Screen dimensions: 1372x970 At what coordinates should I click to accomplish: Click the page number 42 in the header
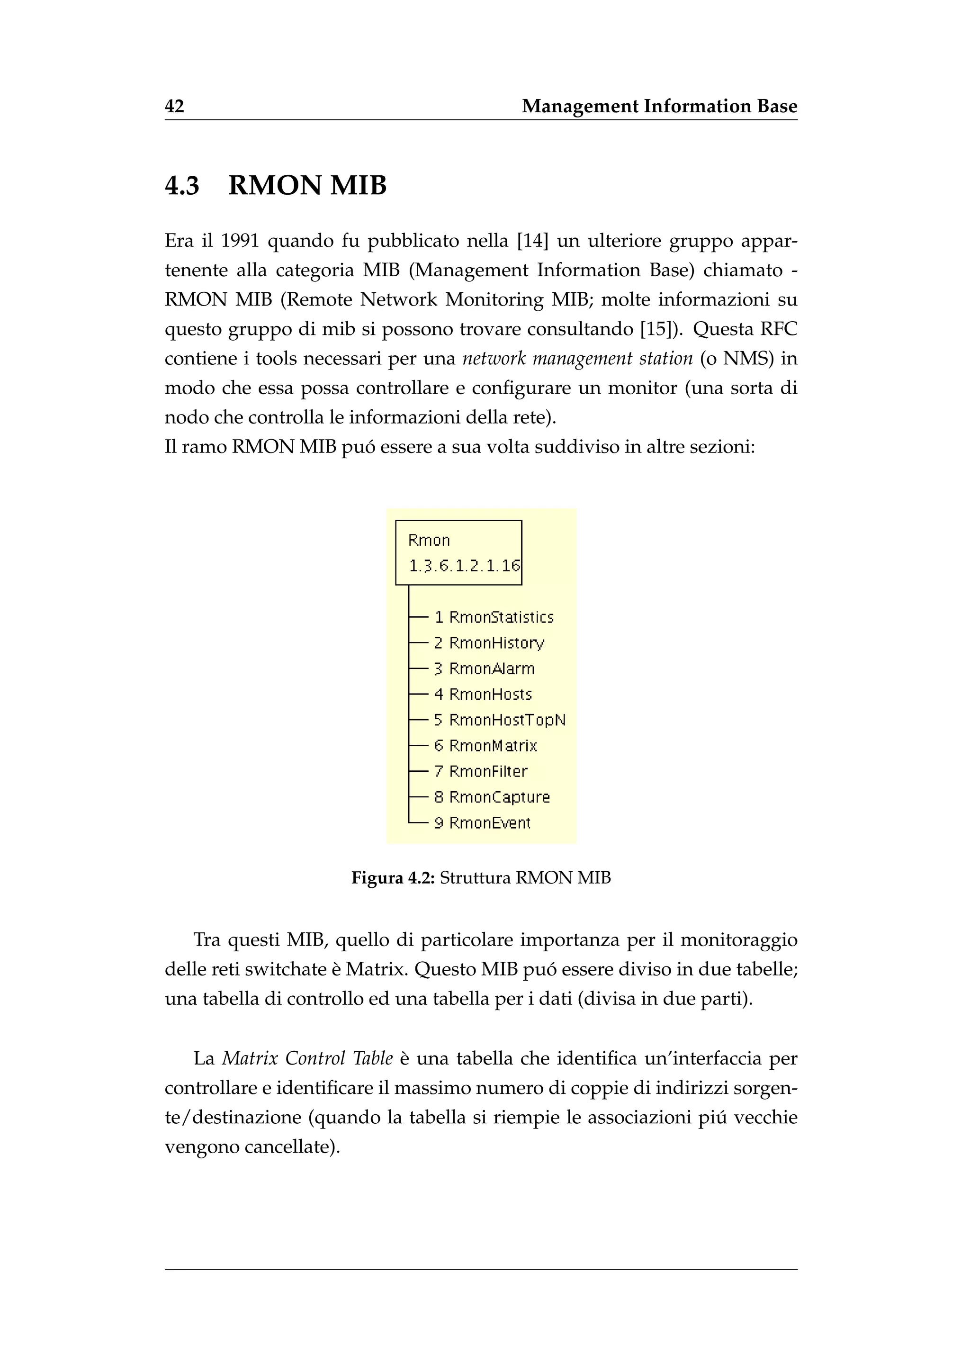point(174,107)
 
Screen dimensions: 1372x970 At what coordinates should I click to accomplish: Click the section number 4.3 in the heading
point(181,185)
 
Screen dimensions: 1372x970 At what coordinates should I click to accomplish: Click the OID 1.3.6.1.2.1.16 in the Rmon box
point(464,565)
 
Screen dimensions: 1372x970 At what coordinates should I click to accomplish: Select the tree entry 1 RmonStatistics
point(494,617)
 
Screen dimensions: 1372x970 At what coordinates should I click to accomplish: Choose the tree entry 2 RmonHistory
point(489,643)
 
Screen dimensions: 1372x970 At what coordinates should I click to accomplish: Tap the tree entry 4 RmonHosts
point(483,695)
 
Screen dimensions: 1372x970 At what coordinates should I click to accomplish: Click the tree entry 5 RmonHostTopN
point(499,720)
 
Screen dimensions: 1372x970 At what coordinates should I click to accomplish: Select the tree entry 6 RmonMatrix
point(485,746)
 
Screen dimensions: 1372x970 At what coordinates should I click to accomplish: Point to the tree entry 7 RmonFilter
point(481,771)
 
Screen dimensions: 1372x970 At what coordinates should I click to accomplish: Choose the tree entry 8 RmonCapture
point(492,797)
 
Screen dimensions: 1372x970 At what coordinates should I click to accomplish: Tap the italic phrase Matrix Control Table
point(307,1058)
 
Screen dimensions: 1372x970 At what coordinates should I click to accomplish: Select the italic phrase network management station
point(577,359)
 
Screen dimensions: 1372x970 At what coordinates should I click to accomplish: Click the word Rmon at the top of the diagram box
point(429,540)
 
